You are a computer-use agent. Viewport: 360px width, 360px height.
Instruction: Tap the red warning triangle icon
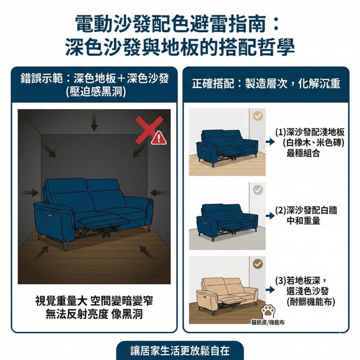(x=158, y=137)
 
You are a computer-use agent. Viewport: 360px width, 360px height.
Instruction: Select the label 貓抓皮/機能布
(x=268, y=322)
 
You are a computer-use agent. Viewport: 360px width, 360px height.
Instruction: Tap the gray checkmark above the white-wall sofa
(x=257, y=190)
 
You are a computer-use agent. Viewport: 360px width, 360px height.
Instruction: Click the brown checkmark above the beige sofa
(x=257, y=264)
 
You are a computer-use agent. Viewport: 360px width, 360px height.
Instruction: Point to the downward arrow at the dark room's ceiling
(x=94, y=123)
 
